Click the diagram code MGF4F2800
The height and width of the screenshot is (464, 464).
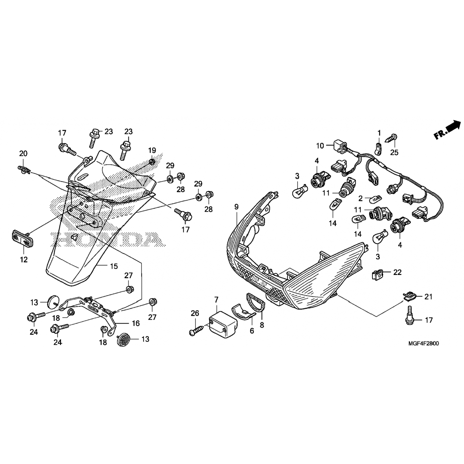point(424,343)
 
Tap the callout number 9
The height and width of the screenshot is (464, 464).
point(236,207)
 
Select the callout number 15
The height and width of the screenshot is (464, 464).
point(114,266)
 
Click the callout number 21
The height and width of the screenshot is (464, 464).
point(428,297)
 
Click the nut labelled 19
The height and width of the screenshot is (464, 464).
point(152,162)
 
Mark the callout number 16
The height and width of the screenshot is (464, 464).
point(136,323)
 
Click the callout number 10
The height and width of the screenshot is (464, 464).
point(320,146)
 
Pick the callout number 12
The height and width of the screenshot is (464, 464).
point(24,260)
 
